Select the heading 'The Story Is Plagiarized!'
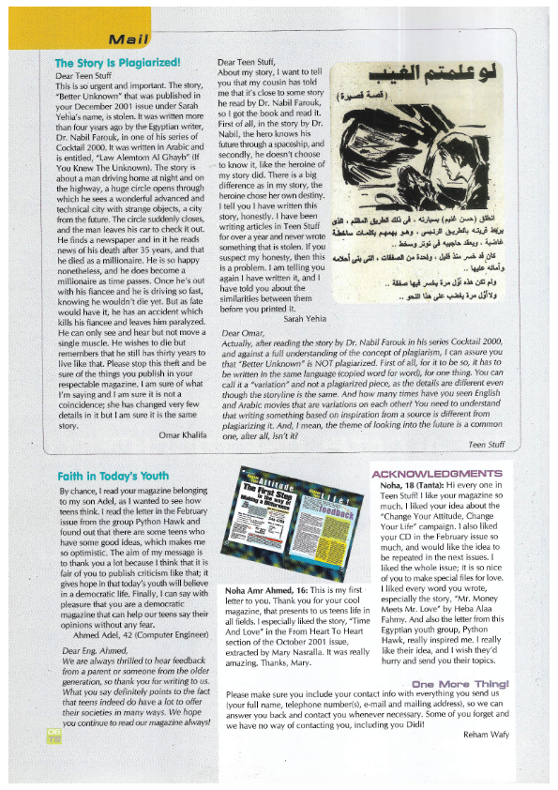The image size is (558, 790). coord(117,63)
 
